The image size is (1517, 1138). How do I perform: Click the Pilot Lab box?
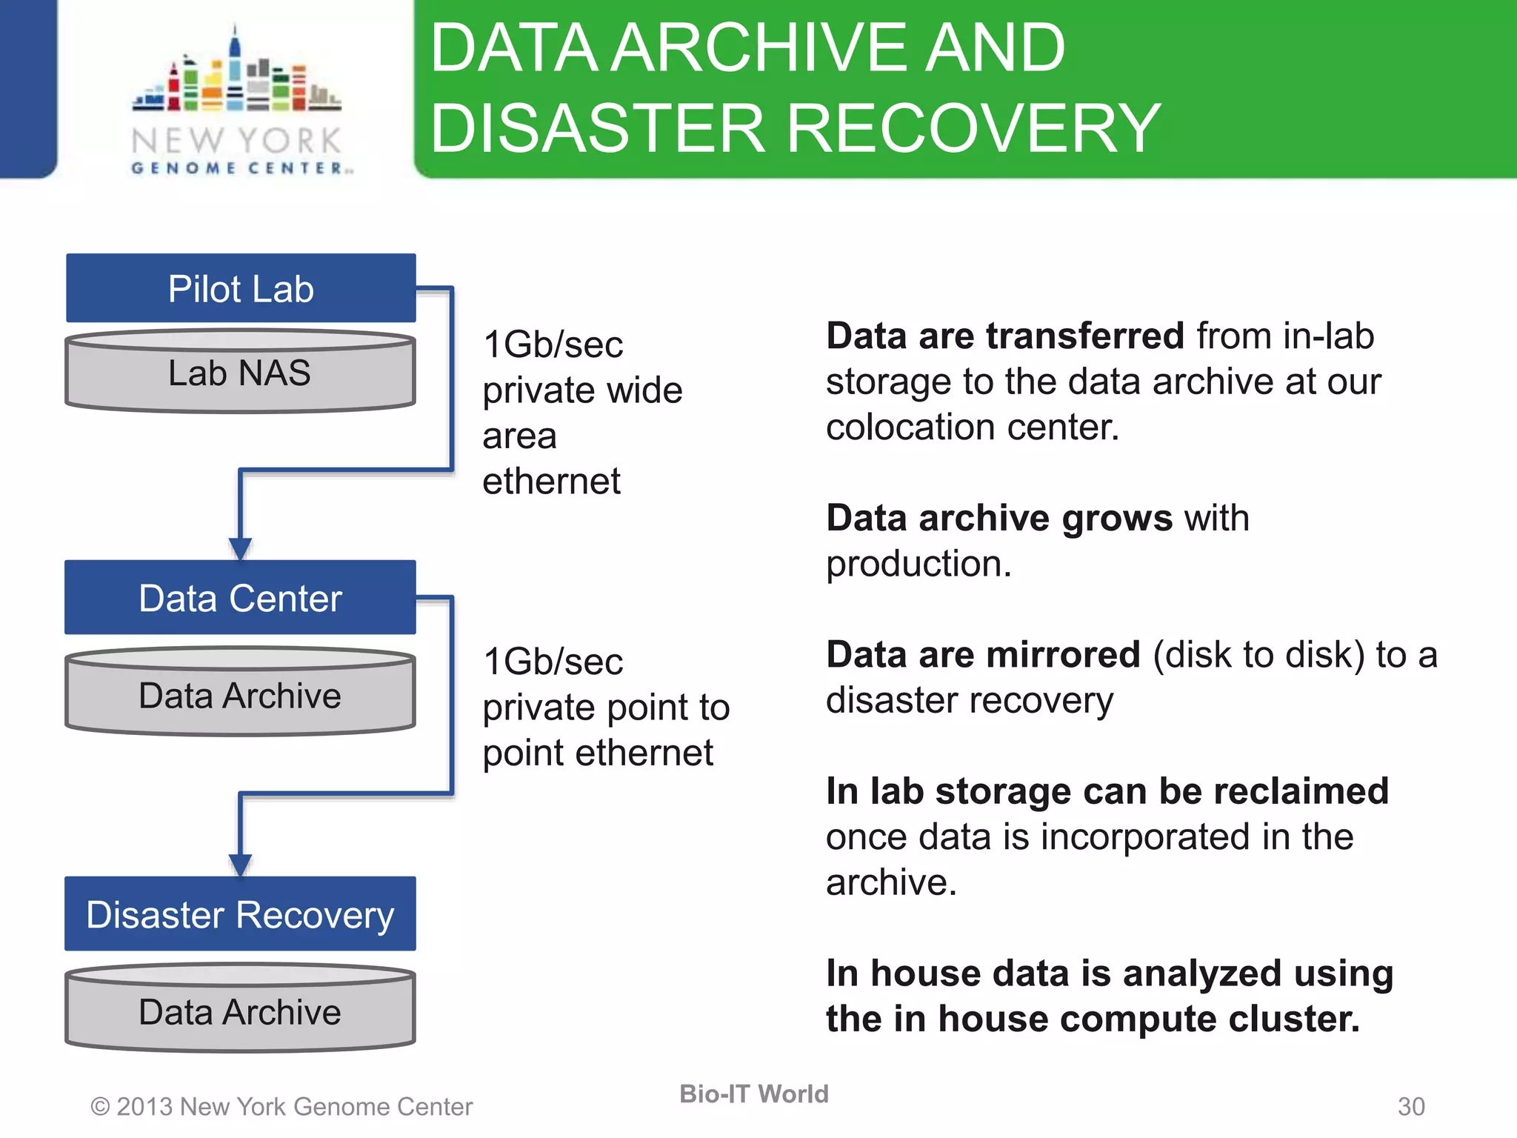click(x=241, y=288)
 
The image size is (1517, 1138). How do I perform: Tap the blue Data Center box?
click(x=240, y=597)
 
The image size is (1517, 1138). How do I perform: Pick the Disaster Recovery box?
click(x=240, y=914)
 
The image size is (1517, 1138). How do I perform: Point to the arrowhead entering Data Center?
click(x=240, y=549)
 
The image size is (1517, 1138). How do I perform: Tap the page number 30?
click(x=1410, y=1106)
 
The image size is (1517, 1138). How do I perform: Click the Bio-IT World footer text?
click(x=753, y=1094)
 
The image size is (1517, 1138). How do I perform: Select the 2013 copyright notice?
click(x=281, y=1106)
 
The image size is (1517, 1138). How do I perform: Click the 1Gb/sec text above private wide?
click(x=553, y=345)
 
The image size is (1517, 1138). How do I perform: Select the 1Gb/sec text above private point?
click(x=553, y=662)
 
